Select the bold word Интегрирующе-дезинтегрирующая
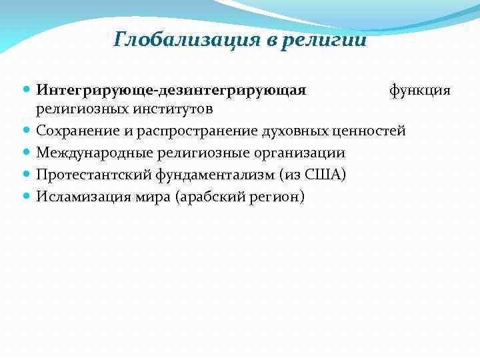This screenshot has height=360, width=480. click(x=171, y=90)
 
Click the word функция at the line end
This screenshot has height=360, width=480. click(x=420, y=90)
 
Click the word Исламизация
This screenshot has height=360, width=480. click(x=79, y=197)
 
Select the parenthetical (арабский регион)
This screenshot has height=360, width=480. click(x=238, y=197)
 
